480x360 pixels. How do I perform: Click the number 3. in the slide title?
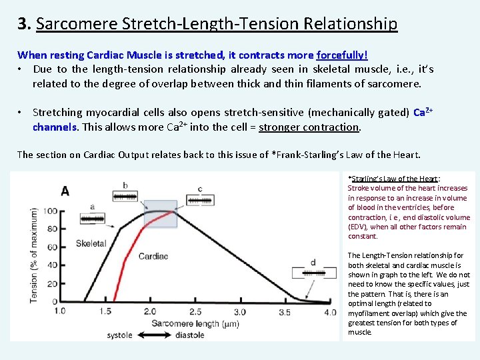[x=25, y=25]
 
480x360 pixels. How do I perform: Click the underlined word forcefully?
[x=342, y=55]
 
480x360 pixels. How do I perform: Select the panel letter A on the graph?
[x=65, y=191]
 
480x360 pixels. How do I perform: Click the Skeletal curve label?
[x=91, y=243]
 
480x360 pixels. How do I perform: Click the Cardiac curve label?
[x=153, y=255]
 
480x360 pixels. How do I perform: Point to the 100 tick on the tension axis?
[x=50, y=212]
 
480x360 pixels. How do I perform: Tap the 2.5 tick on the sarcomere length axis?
[x=195, y=311]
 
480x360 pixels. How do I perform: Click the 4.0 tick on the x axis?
[x=330, y=311]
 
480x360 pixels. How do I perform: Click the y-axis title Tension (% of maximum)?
[x=34, y=255]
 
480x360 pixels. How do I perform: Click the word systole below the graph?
[x=121, y=335]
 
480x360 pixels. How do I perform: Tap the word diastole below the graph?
[x=189, y=335]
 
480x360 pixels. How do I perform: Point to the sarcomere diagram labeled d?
[x=313, y=273]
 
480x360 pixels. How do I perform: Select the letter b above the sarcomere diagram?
[x=125, y=185]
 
